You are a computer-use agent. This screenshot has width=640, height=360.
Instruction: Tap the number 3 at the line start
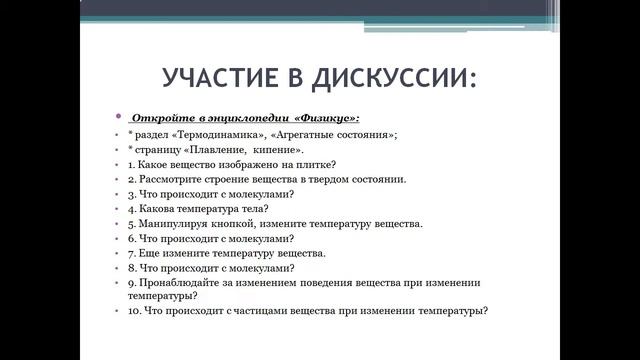pos(131,194)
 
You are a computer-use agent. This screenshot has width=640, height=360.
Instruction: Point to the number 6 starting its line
pos(131,239)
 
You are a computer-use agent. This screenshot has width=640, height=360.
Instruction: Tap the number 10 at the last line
pos(134,311)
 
